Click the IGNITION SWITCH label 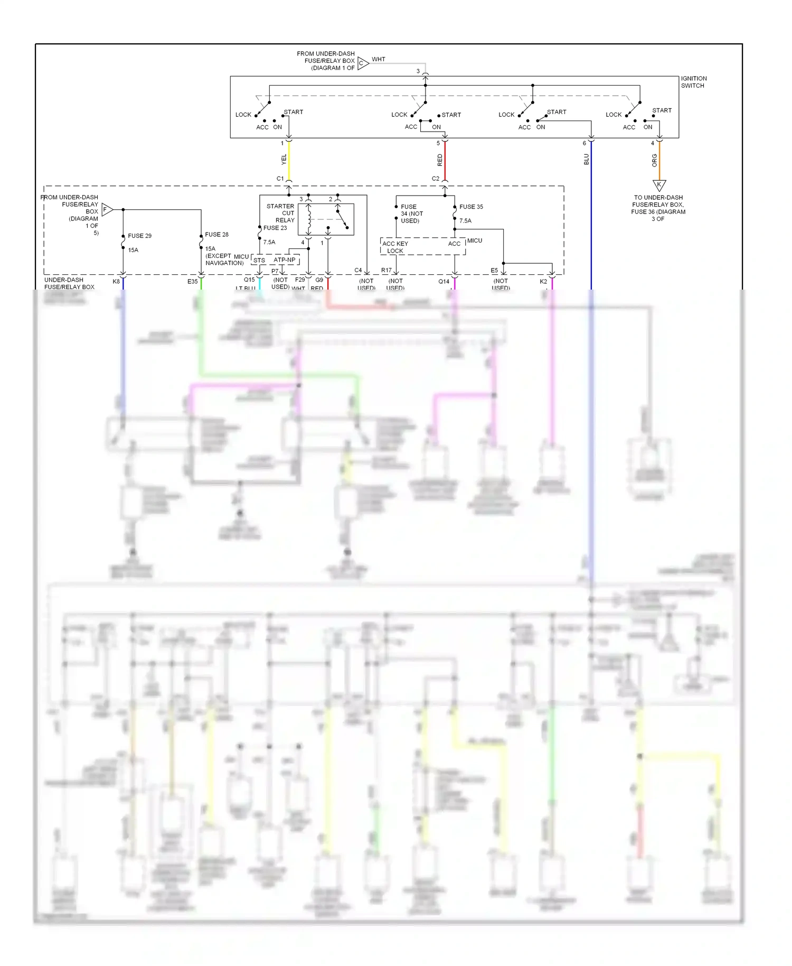693,82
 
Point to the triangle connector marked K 659,185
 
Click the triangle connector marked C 363,63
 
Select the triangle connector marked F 107,210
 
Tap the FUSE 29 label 139,236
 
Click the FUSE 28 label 216,234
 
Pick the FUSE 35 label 471,207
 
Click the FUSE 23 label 275,228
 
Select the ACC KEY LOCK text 395,247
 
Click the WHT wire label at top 378,59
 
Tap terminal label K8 116,282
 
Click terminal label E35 192,282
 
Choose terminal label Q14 444,282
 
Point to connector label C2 435,179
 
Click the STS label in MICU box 259,261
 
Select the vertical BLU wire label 586,159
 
